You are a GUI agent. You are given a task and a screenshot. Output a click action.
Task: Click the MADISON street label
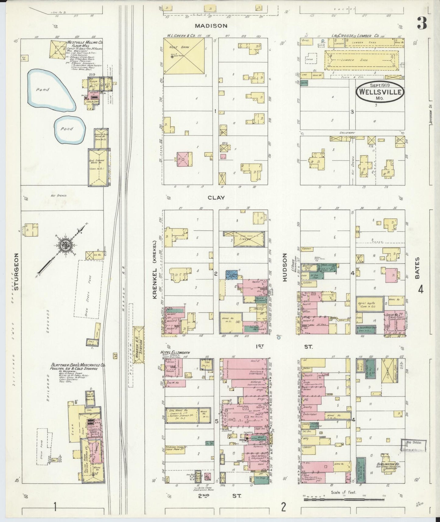pos(211,26)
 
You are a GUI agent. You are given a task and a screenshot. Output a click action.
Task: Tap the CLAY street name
pos(216,198)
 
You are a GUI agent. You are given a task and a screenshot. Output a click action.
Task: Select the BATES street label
pos(417,268)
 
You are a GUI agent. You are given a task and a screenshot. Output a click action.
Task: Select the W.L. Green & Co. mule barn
pos(183,56)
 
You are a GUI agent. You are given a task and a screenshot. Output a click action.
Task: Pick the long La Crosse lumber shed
pos(361,60)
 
